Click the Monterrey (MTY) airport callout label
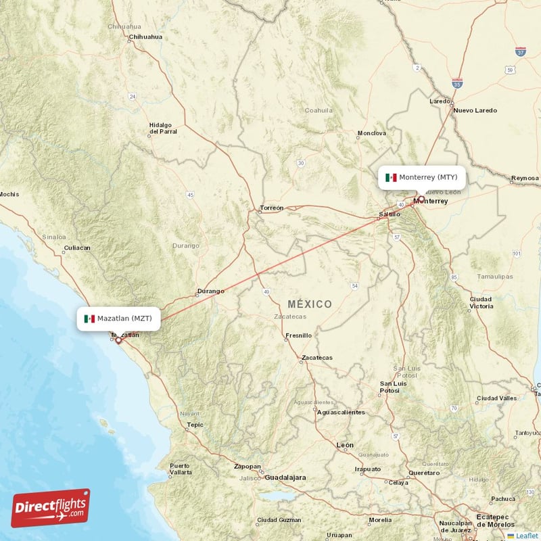(422, 177)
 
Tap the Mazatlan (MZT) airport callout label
(118, 318)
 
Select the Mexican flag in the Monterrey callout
(391, 177)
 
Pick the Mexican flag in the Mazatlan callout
(89, 318)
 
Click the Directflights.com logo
(50, 508)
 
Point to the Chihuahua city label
(145, 37)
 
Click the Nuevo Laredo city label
(475, 110)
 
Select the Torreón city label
(271, 208)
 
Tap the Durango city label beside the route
(210, 291)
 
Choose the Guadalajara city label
(285, 477)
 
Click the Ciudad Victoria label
(481, 302)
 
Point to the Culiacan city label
(76, 248)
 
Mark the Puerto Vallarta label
(180, 469)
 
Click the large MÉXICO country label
(310, 304)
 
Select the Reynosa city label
(525, 178)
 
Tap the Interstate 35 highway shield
(458, 84)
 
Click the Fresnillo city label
(299, 335)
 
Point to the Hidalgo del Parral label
(163, 128)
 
